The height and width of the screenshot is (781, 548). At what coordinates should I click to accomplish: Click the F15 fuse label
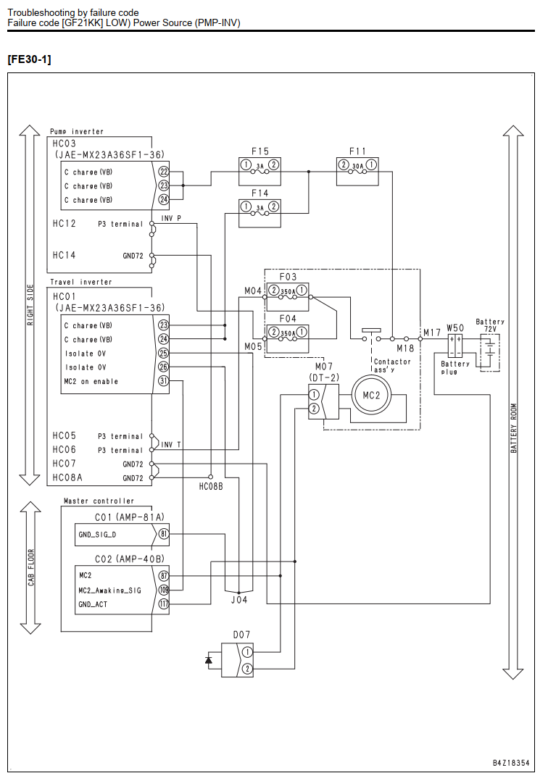(x=260, y=151)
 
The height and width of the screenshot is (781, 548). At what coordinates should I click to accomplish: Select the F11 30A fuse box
(x=357, y=171)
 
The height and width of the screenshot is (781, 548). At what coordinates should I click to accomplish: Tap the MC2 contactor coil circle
(x=371, y=395)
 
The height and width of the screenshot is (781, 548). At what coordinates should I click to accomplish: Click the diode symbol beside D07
(x=208, y=660)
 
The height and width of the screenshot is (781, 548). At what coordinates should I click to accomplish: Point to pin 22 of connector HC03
(x=163, y=171)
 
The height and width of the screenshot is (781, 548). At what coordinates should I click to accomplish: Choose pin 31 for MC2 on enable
(x=163, y=381)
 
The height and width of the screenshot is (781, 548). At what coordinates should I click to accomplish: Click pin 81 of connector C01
(x=163, y=535)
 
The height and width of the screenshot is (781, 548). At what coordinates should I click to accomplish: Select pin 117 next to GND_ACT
(x=163, y=604)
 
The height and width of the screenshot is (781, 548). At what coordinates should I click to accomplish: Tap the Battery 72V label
(x=490, y=325)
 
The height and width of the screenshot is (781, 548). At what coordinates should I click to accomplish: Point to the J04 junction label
(x=239, y=600)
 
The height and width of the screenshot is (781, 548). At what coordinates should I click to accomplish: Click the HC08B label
(x=211, y=486)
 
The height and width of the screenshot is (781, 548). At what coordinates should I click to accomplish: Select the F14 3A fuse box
(x=260, y=213)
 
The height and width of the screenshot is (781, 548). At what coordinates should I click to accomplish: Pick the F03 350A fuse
(x=288, y=291)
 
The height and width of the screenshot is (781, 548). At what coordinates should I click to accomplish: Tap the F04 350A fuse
(x=288, y=333)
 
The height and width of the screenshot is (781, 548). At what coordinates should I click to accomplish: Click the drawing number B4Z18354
(x=511, y=763)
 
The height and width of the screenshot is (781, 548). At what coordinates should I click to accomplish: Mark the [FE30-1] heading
(x=30, y=59)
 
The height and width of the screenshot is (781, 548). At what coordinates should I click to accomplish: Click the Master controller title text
(x=99, y=501)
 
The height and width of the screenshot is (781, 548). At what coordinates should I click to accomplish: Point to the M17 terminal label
(x=432, y=333)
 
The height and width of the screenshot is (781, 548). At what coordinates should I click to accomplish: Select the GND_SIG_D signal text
(x=97, y=535)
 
